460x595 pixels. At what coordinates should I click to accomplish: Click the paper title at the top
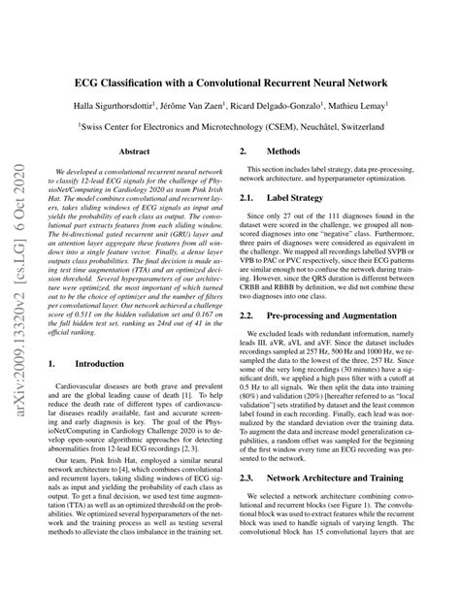tap(239, 83)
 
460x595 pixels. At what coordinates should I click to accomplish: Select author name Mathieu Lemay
tap(356, 106)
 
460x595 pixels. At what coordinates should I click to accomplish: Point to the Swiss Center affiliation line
tap(239, 126)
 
